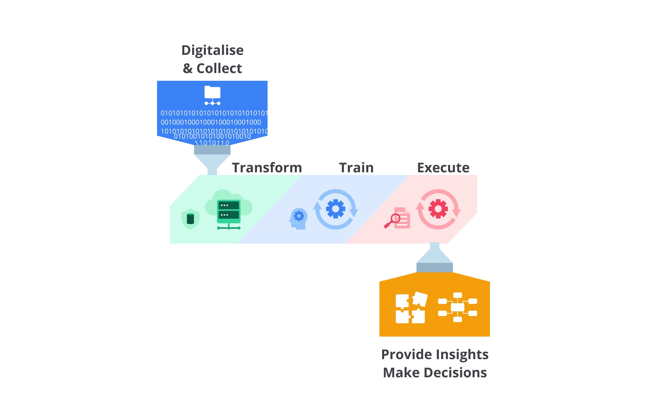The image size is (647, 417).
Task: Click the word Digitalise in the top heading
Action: coord(212,50)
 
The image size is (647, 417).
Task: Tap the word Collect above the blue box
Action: coord(219,68)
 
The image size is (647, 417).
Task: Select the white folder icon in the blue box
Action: coord(212,95)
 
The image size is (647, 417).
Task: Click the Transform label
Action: coord(267,168)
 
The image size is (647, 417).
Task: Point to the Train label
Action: coord(357,168)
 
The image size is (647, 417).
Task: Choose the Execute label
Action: coord(443,168)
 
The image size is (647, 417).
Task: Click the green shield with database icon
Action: coord(190,219)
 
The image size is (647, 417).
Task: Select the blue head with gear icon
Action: coord(298,219)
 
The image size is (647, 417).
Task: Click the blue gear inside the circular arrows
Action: coord(336,209)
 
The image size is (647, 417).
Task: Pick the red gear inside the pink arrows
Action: coord(438,209)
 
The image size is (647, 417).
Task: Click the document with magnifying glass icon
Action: coord(397,218)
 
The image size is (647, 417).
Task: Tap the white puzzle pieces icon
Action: coord(410,308)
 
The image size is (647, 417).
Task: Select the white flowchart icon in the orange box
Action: coord(458,307)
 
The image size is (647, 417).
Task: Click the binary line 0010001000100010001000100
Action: coord(211,122)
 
